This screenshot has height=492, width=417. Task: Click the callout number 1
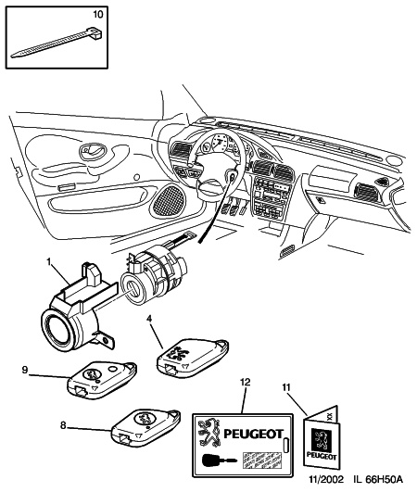[41, 261]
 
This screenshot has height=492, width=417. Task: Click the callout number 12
[244, 383]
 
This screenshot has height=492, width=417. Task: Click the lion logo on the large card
[210, 431]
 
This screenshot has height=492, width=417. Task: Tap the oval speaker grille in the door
[171, 196]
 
